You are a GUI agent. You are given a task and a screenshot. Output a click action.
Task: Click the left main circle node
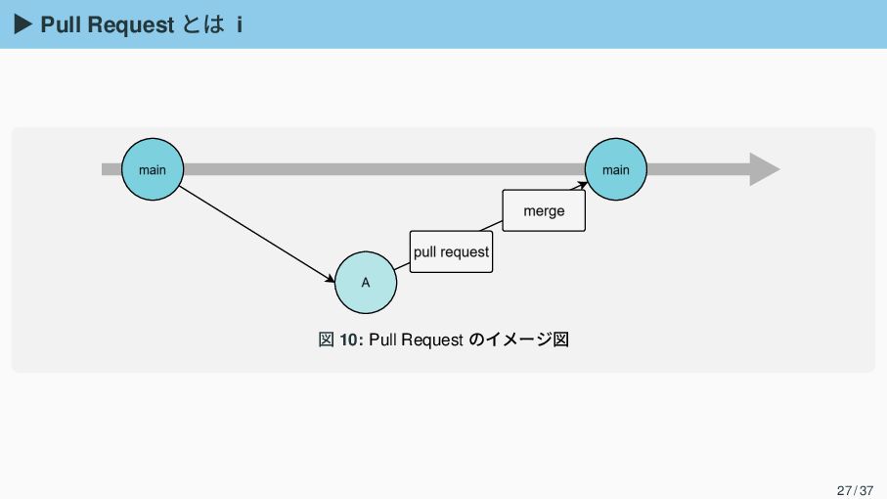pos(152,169)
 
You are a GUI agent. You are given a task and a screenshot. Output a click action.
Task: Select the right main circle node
pos(616,169)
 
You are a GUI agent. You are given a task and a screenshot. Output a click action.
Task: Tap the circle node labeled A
pos(366,283)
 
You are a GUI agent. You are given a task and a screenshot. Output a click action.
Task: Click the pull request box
pos(451,251)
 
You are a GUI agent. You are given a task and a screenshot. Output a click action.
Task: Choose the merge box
pos(544,210)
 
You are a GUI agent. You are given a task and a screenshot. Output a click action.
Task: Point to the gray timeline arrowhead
pos(764,169)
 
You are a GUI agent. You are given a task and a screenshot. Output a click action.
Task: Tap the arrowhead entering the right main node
pos(583,183)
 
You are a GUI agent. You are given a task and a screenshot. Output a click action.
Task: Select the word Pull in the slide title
pos(62,24)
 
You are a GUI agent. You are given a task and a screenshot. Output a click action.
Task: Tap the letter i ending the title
pos(239,24)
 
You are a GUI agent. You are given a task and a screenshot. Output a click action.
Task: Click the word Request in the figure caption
pos(431,340)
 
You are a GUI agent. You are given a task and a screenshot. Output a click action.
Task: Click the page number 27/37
pos(855,488)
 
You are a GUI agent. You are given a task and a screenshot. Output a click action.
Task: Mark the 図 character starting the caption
pos(327,340)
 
